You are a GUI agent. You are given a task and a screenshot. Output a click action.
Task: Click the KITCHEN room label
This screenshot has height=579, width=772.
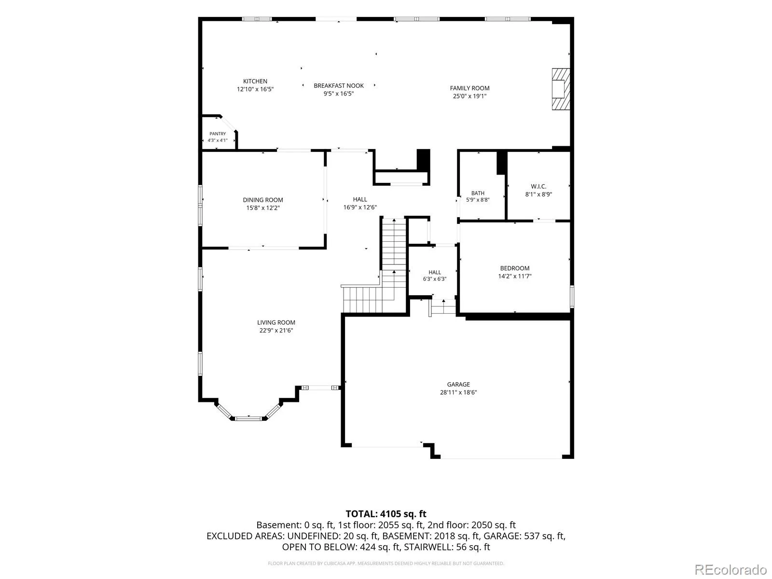255,81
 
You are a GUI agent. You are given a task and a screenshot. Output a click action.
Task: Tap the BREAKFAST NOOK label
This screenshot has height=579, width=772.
339,85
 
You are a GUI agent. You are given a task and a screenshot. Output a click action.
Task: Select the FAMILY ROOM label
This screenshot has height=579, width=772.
469,88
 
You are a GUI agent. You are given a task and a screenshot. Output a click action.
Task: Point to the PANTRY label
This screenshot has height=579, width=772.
218,134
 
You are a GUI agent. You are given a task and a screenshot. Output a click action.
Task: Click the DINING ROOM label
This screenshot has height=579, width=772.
263,200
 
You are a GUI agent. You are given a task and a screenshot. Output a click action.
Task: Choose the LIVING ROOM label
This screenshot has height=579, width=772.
276,322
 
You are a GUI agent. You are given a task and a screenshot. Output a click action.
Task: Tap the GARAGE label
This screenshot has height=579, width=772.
458,384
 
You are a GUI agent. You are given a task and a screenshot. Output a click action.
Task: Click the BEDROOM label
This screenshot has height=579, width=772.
514,268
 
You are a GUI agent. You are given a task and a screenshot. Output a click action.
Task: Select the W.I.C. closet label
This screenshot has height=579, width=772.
538,186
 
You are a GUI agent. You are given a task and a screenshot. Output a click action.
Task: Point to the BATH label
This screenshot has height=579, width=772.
478,193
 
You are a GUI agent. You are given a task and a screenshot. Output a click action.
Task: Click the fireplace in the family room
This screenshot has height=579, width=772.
561,89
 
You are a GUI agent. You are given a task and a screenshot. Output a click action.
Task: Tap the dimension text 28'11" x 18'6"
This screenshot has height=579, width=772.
458,392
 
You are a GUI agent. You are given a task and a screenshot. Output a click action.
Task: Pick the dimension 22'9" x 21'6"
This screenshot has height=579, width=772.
276,331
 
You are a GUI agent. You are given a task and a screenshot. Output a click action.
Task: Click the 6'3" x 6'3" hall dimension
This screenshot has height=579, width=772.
435,279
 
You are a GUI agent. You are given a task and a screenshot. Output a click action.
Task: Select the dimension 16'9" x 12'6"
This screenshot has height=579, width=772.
360,207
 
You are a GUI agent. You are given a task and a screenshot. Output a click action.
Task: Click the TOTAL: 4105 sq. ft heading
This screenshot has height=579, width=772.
386,514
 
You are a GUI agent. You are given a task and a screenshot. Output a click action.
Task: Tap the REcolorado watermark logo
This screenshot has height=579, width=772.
731,569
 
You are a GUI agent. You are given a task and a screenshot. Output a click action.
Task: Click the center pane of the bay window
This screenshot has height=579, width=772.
248,418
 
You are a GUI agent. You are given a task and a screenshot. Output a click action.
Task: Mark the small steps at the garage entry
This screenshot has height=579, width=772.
442,308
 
